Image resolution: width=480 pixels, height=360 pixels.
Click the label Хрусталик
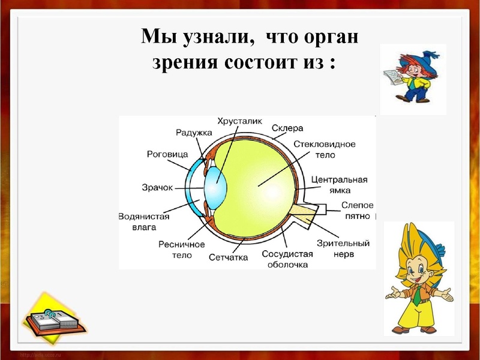239,121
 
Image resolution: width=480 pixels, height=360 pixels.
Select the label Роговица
167,154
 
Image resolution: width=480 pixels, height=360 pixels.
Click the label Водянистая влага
144,222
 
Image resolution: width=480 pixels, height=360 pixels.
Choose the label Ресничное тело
182,250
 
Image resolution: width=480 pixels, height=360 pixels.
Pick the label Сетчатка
229,257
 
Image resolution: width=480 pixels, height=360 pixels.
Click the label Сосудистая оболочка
287,259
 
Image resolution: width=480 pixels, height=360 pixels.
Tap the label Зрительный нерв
351,248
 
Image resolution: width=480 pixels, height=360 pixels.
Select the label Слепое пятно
358,209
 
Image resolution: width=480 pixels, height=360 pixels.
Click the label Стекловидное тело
325,149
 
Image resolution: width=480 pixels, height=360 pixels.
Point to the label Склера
287,128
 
